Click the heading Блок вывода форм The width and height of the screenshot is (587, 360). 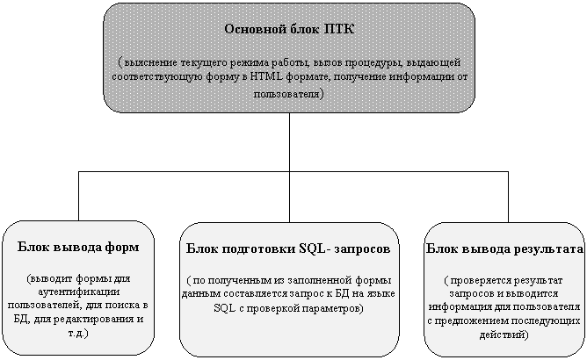pos(78,247)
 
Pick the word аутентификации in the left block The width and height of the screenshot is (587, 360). pos(78,292)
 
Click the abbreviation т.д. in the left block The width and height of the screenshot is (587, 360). pos(78,333)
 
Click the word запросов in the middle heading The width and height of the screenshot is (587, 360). pos(362,248)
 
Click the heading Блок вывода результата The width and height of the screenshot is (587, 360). pos(504,248)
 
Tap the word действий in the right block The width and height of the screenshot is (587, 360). pos(504,335)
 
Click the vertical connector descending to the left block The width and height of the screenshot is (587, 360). pos(78,196)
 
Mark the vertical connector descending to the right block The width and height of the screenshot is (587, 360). pos(508,197)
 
